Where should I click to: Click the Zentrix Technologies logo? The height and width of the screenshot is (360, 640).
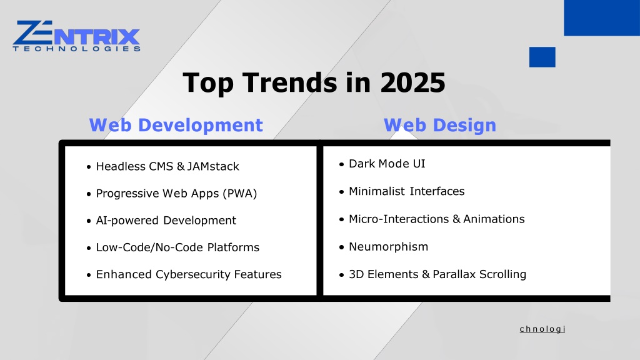pyautogui.click(x=76, y=36)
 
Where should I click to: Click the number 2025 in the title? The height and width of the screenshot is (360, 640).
pyautogui.click(x=412, y=83)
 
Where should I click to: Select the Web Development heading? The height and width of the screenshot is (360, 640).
pyautogui.click(x=176, y=125)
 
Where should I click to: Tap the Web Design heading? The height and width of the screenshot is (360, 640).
pyautogui.click(x=440, y=125)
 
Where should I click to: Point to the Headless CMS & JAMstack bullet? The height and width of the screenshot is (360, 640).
pyautogui.click(x=167, y=166)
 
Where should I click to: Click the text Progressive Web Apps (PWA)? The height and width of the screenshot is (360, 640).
pyautogui.click(x=176, y=194)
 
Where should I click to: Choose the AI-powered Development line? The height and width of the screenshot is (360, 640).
pyautogui.click(x=166, y=221)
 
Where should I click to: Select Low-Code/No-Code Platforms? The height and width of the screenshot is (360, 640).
pyautogui.click(x=177, y=247)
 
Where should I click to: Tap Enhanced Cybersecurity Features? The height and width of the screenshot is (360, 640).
pyautogui.click(x=189, y=274)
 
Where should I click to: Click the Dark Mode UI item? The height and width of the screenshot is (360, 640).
pyautogui.click(x=387, y=164)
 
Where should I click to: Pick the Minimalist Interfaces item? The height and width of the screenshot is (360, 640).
pyautogui.click(x=406, y=191)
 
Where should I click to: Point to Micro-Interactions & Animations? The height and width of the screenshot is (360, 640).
pyautogui.click(x=437, y=219)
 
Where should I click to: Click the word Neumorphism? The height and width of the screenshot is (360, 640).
pyautogui.click(x=389, y=247)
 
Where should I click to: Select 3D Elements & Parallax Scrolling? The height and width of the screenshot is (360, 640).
pyautogui.click(x=437, y=274)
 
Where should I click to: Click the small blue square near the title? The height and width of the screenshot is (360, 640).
pyautogui.click(x=542, y=57)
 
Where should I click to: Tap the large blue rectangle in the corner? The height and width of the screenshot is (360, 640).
pyautogui.click(x=602, y=18)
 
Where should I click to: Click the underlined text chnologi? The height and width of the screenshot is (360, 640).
pyautogui.click(x=542, y=329)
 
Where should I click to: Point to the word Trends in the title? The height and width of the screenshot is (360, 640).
pyautogui.click(x=290, y=83)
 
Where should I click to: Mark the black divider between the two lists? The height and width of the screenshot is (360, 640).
pyautogui.click(x=319, y=221)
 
